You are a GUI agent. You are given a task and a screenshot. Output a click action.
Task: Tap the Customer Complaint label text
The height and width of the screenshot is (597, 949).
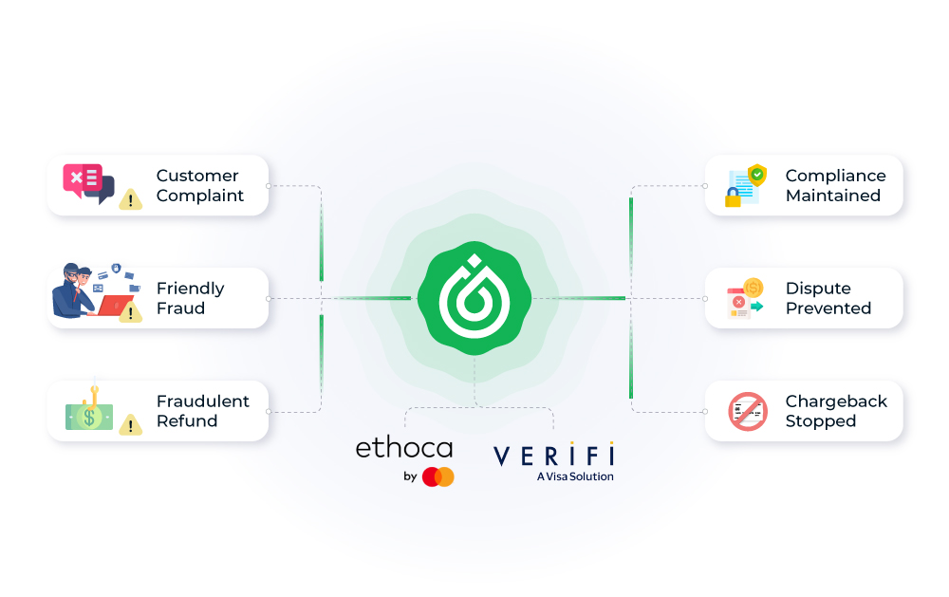[200, 185]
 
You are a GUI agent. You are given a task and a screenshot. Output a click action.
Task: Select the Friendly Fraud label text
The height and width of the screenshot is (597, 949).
[190, 298]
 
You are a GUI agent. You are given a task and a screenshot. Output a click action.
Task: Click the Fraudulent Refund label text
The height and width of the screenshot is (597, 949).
[202, 411]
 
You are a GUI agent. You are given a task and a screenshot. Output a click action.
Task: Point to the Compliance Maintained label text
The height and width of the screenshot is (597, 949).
[835, 185]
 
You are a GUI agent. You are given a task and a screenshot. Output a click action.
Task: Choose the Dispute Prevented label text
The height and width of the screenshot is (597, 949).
[828, 298]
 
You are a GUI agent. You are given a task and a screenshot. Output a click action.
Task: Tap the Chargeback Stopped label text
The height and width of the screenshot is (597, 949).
[836, 411]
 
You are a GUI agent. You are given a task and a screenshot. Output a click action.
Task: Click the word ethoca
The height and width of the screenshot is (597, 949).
[403, 448]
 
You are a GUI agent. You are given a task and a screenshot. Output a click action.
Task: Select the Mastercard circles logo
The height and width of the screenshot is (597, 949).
[438, 476]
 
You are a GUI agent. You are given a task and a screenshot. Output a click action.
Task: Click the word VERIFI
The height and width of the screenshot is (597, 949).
[553, 454]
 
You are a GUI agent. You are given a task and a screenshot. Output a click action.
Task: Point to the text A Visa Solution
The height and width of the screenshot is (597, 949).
[575, 476]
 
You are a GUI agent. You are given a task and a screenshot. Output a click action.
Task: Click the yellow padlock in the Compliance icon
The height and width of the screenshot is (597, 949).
[733, 198]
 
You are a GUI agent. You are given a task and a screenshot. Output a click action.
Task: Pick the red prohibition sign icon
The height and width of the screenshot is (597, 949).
[747, 411]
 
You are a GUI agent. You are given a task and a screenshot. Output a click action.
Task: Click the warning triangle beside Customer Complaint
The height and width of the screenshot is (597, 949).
[130, 199]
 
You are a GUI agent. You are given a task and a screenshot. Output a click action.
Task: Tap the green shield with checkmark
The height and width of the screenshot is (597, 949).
[756, 175]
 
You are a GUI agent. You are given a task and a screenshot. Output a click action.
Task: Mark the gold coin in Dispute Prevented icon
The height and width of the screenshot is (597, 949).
[754, 287]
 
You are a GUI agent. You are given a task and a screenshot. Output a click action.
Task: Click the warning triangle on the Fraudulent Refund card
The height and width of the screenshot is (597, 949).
[130, 425]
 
